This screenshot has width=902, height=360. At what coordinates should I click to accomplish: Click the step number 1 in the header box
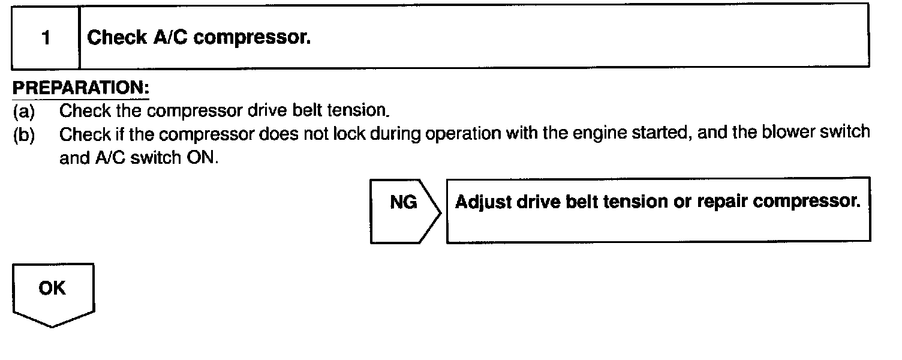pos(46,38)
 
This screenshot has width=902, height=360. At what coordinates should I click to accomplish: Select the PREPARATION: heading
pos(81,88)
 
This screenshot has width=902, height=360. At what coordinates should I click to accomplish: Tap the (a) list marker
pos(24,111)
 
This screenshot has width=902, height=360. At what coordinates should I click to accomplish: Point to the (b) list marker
pos(24,134)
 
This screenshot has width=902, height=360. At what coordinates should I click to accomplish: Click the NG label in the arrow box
pos(403,203)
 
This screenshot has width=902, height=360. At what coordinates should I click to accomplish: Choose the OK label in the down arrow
pos(52,289)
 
